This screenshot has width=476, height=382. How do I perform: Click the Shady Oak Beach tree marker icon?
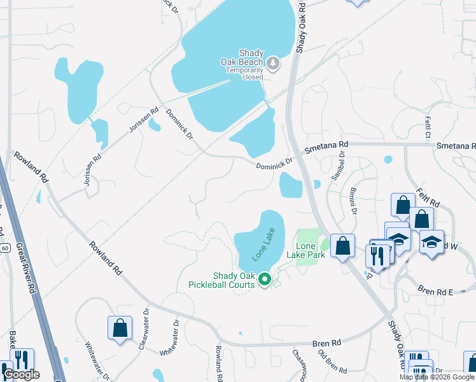click(x=273, y=62)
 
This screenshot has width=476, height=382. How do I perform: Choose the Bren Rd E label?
click(x=435, y=291)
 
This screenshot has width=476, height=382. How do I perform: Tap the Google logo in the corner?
click(x=21, y=374)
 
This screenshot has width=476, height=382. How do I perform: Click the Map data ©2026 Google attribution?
click(x=437, y=377)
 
